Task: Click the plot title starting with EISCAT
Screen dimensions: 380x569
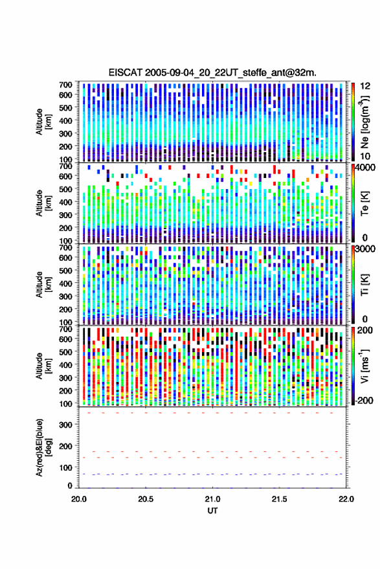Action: pyautogui.click(x=212, y=73)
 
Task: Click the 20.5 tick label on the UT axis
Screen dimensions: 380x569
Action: pyautogui.click(x=146, y=499)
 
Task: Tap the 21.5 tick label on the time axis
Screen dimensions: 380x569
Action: pyautogui.click(x=279, y=499)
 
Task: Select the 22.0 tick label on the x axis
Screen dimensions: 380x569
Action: pyautogui.click(x=346, y=499)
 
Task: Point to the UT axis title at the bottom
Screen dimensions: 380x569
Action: pyautogui.click(x=212, y=511)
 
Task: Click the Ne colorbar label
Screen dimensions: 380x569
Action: pyautogui.click(x=364, y=122)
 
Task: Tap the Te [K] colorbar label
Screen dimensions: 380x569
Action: pyautogui.click(x=364, y=203)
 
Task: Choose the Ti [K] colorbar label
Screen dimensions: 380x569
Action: pyautogui.click(x=364, y=285)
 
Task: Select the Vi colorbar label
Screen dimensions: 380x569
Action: pyautogui.click(x=364, y=366)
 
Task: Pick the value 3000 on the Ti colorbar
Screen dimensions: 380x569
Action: pyautogui.click(x=365, y=249)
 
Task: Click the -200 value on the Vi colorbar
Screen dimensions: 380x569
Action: pyautogui.click(x=364, y=400)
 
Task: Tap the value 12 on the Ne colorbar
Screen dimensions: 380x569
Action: pyautogui.click(x=365, y=86)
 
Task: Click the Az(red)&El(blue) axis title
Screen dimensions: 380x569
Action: pyautogui.click(x=43, y=448)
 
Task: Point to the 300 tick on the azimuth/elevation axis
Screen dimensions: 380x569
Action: pyautogui.click(x=65, y=425)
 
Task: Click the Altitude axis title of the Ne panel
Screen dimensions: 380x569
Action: pyautogui.click(x=43, y=122)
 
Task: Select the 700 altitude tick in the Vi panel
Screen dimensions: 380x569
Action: pyautogui.click(x=65, y=329)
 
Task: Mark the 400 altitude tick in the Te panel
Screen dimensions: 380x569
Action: pyautogui.click(x=65, y=202)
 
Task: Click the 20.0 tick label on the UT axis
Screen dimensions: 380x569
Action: pyautogui.click(x=79, y=499)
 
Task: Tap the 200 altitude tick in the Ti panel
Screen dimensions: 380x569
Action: pyautogui.click(x=65, y=309)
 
